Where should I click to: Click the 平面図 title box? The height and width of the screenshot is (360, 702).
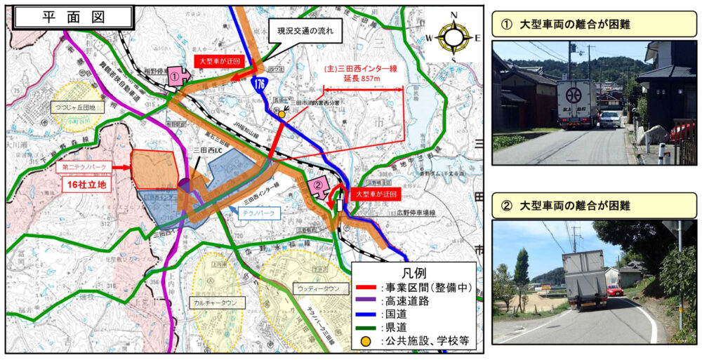pos(73,18)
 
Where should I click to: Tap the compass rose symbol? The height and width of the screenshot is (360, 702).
pos(455,36)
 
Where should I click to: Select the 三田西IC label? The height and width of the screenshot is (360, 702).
pos(208,151)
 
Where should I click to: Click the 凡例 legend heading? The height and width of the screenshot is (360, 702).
pos(413,271)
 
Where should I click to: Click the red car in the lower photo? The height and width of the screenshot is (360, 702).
pos(615,291)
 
